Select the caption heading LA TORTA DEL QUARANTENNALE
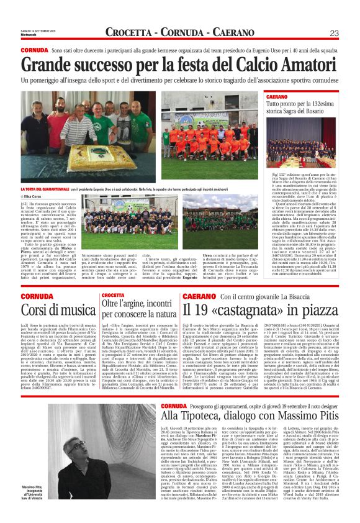click(43, 189)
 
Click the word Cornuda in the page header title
click(171, 32)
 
